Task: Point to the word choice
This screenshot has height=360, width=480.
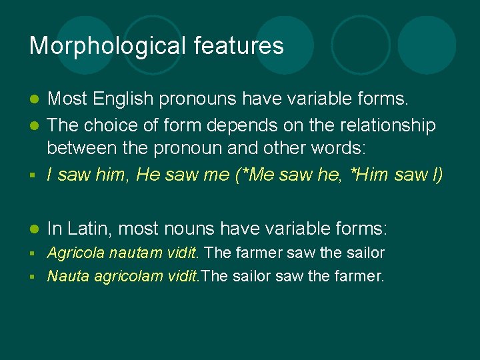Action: [119, 125]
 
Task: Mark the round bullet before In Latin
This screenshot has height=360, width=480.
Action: [33, 229]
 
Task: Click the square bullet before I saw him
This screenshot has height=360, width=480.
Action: [33, 176]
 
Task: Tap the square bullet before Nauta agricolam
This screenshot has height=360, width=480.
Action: [33, 276]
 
